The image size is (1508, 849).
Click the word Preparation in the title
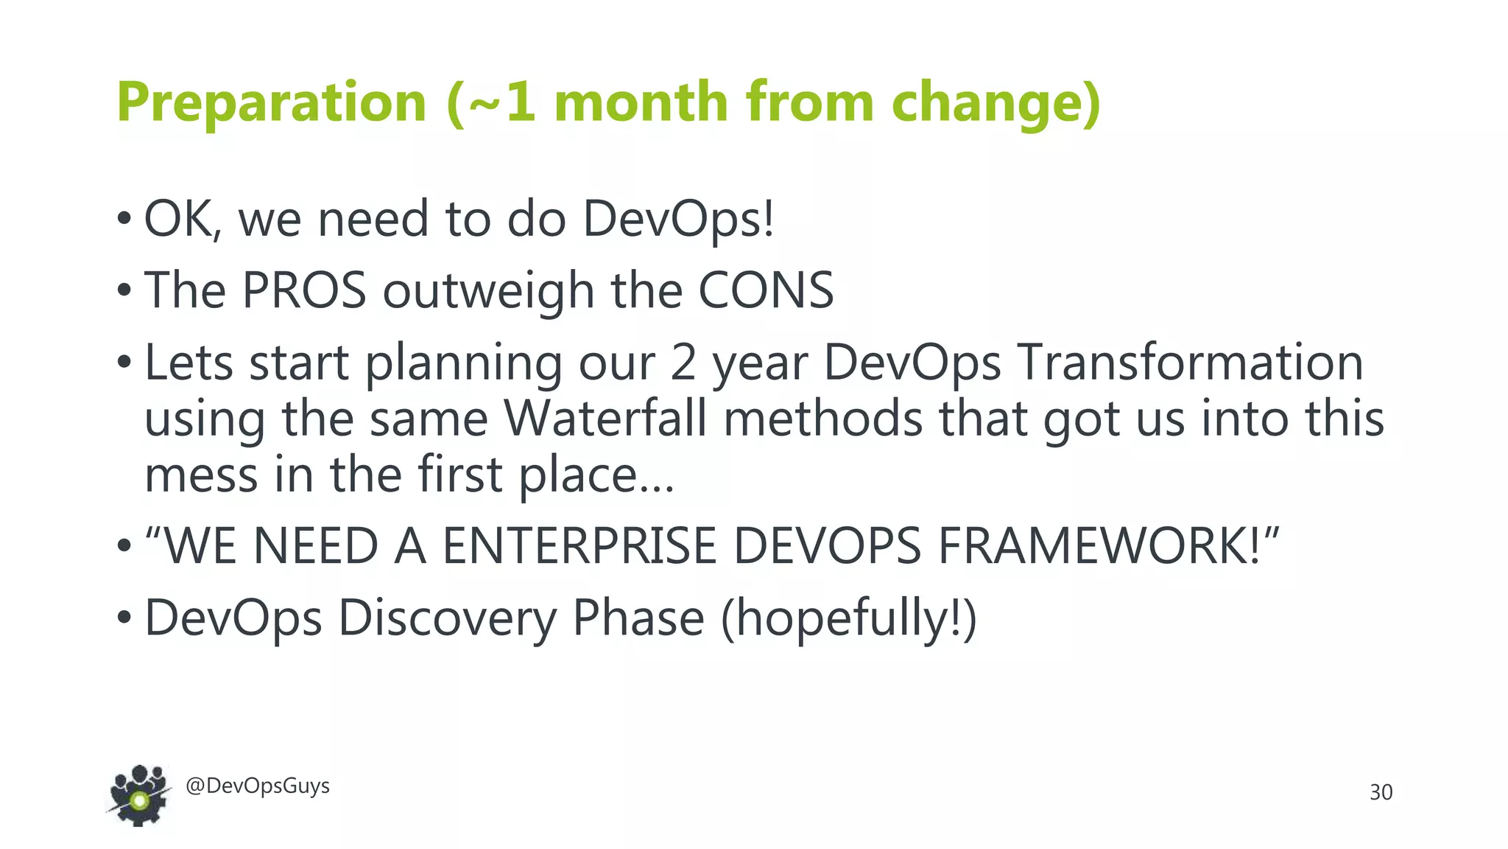tap(272, 102)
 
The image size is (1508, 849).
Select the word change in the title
tap(987, 102)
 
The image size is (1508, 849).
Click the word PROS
tap(304, 290)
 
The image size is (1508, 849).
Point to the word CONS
tap(766, 290)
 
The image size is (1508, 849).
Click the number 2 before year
tap(683, 363)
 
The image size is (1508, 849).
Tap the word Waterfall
tap(605, 419)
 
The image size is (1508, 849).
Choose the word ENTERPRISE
tap(579, 546)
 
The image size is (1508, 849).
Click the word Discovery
tap(447, 618)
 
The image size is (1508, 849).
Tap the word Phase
tap(638, 618)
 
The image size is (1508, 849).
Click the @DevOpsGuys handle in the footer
tap(258, 786)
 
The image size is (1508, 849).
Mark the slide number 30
tap(1381, 792)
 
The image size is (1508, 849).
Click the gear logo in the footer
tap(138, 795)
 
